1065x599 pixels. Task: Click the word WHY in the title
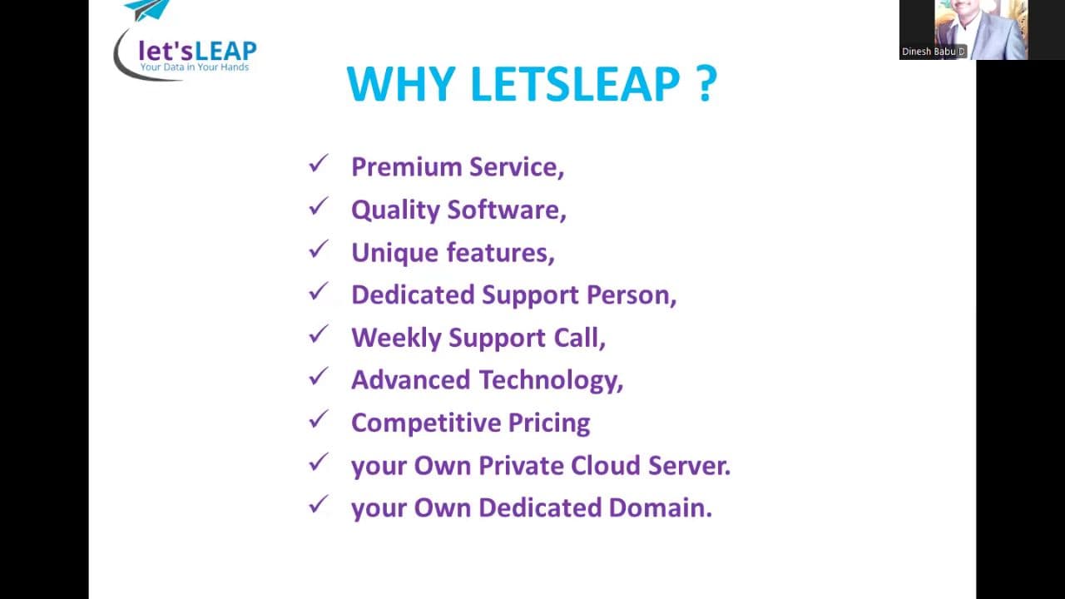[401, 84]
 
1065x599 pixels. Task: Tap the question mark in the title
[707, 84]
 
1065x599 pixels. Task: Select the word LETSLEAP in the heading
[575, 84]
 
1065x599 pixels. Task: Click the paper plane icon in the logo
[146, 9]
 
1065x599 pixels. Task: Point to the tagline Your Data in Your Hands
[195, 67]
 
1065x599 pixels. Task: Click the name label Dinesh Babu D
[934, 52]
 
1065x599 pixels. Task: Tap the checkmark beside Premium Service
[319, 163]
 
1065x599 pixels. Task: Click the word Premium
[407, 167]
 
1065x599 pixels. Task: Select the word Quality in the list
[395, 210]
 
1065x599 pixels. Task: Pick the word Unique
[394, 253]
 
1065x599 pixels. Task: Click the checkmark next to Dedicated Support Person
[319, 291]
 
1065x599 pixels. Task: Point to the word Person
[632, 295]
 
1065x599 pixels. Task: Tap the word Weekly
[397, 338]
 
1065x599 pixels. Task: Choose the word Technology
[551, 381]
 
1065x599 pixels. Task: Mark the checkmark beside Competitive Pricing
[319, 418]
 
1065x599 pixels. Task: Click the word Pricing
[549, 423]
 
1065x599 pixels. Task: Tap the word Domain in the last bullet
[661, 507]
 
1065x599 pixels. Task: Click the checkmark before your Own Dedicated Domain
[319, 504]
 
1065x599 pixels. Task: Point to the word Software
[507, 210]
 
